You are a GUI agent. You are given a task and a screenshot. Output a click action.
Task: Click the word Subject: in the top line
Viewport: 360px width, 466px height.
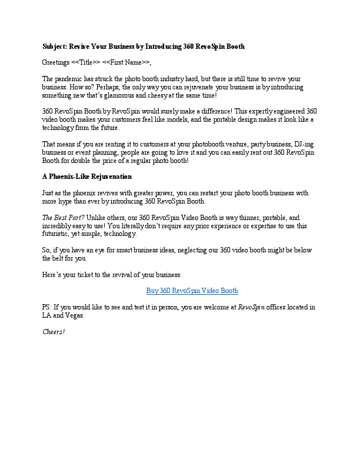55,46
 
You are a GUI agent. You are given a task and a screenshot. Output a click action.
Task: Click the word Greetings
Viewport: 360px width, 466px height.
56,62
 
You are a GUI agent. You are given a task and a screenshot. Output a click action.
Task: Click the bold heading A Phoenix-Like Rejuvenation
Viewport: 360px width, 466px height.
87,177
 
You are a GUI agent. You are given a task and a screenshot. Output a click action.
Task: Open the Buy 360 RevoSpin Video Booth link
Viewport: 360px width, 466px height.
192,291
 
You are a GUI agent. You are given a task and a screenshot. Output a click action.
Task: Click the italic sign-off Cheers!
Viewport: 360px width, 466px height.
54,332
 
